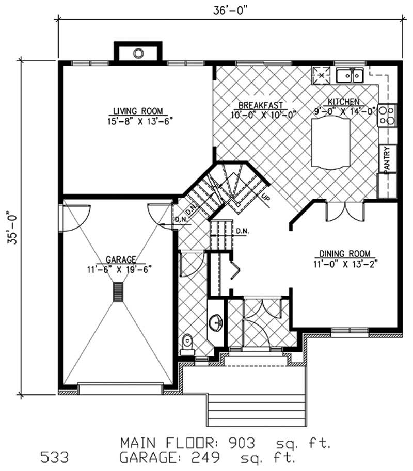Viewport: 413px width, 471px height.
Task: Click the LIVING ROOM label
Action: tap(138, 110)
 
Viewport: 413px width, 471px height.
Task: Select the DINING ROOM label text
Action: tap(344, 253)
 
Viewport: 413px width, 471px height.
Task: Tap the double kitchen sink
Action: tap(350, 76)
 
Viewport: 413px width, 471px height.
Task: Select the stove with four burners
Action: tap(387, 115)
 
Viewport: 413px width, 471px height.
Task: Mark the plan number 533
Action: tap(54, 458)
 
